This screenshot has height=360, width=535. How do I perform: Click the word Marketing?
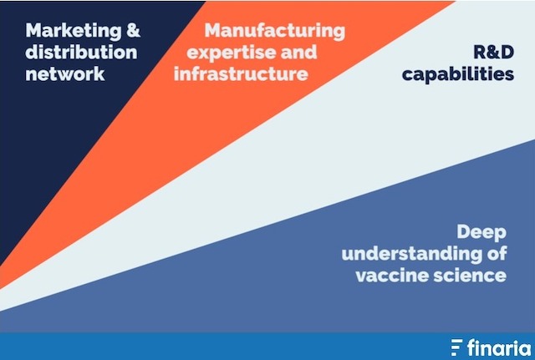(x=73, y=32)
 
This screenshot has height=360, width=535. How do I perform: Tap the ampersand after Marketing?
(x=133, y=30)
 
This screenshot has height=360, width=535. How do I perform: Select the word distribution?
(x=81, y=52)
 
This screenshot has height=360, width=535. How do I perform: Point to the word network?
(x=65, y=74)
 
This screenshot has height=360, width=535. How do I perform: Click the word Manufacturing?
(x=275, y=32)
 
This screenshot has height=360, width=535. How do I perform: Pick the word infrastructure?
(x=241, y=74)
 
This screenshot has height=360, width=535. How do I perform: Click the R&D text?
(x=494, y=52)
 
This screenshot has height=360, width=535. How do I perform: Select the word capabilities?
(x=458, y=74)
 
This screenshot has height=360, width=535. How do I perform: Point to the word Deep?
(x=481, y=233)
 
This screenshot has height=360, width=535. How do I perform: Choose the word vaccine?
(x=391, y=275)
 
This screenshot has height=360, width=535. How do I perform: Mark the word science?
(x=470, y=275)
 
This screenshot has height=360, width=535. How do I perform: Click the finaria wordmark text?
(x=499, y=348)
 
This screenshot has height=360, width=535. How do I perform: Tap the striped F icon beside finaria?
(x=457, y=347)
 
